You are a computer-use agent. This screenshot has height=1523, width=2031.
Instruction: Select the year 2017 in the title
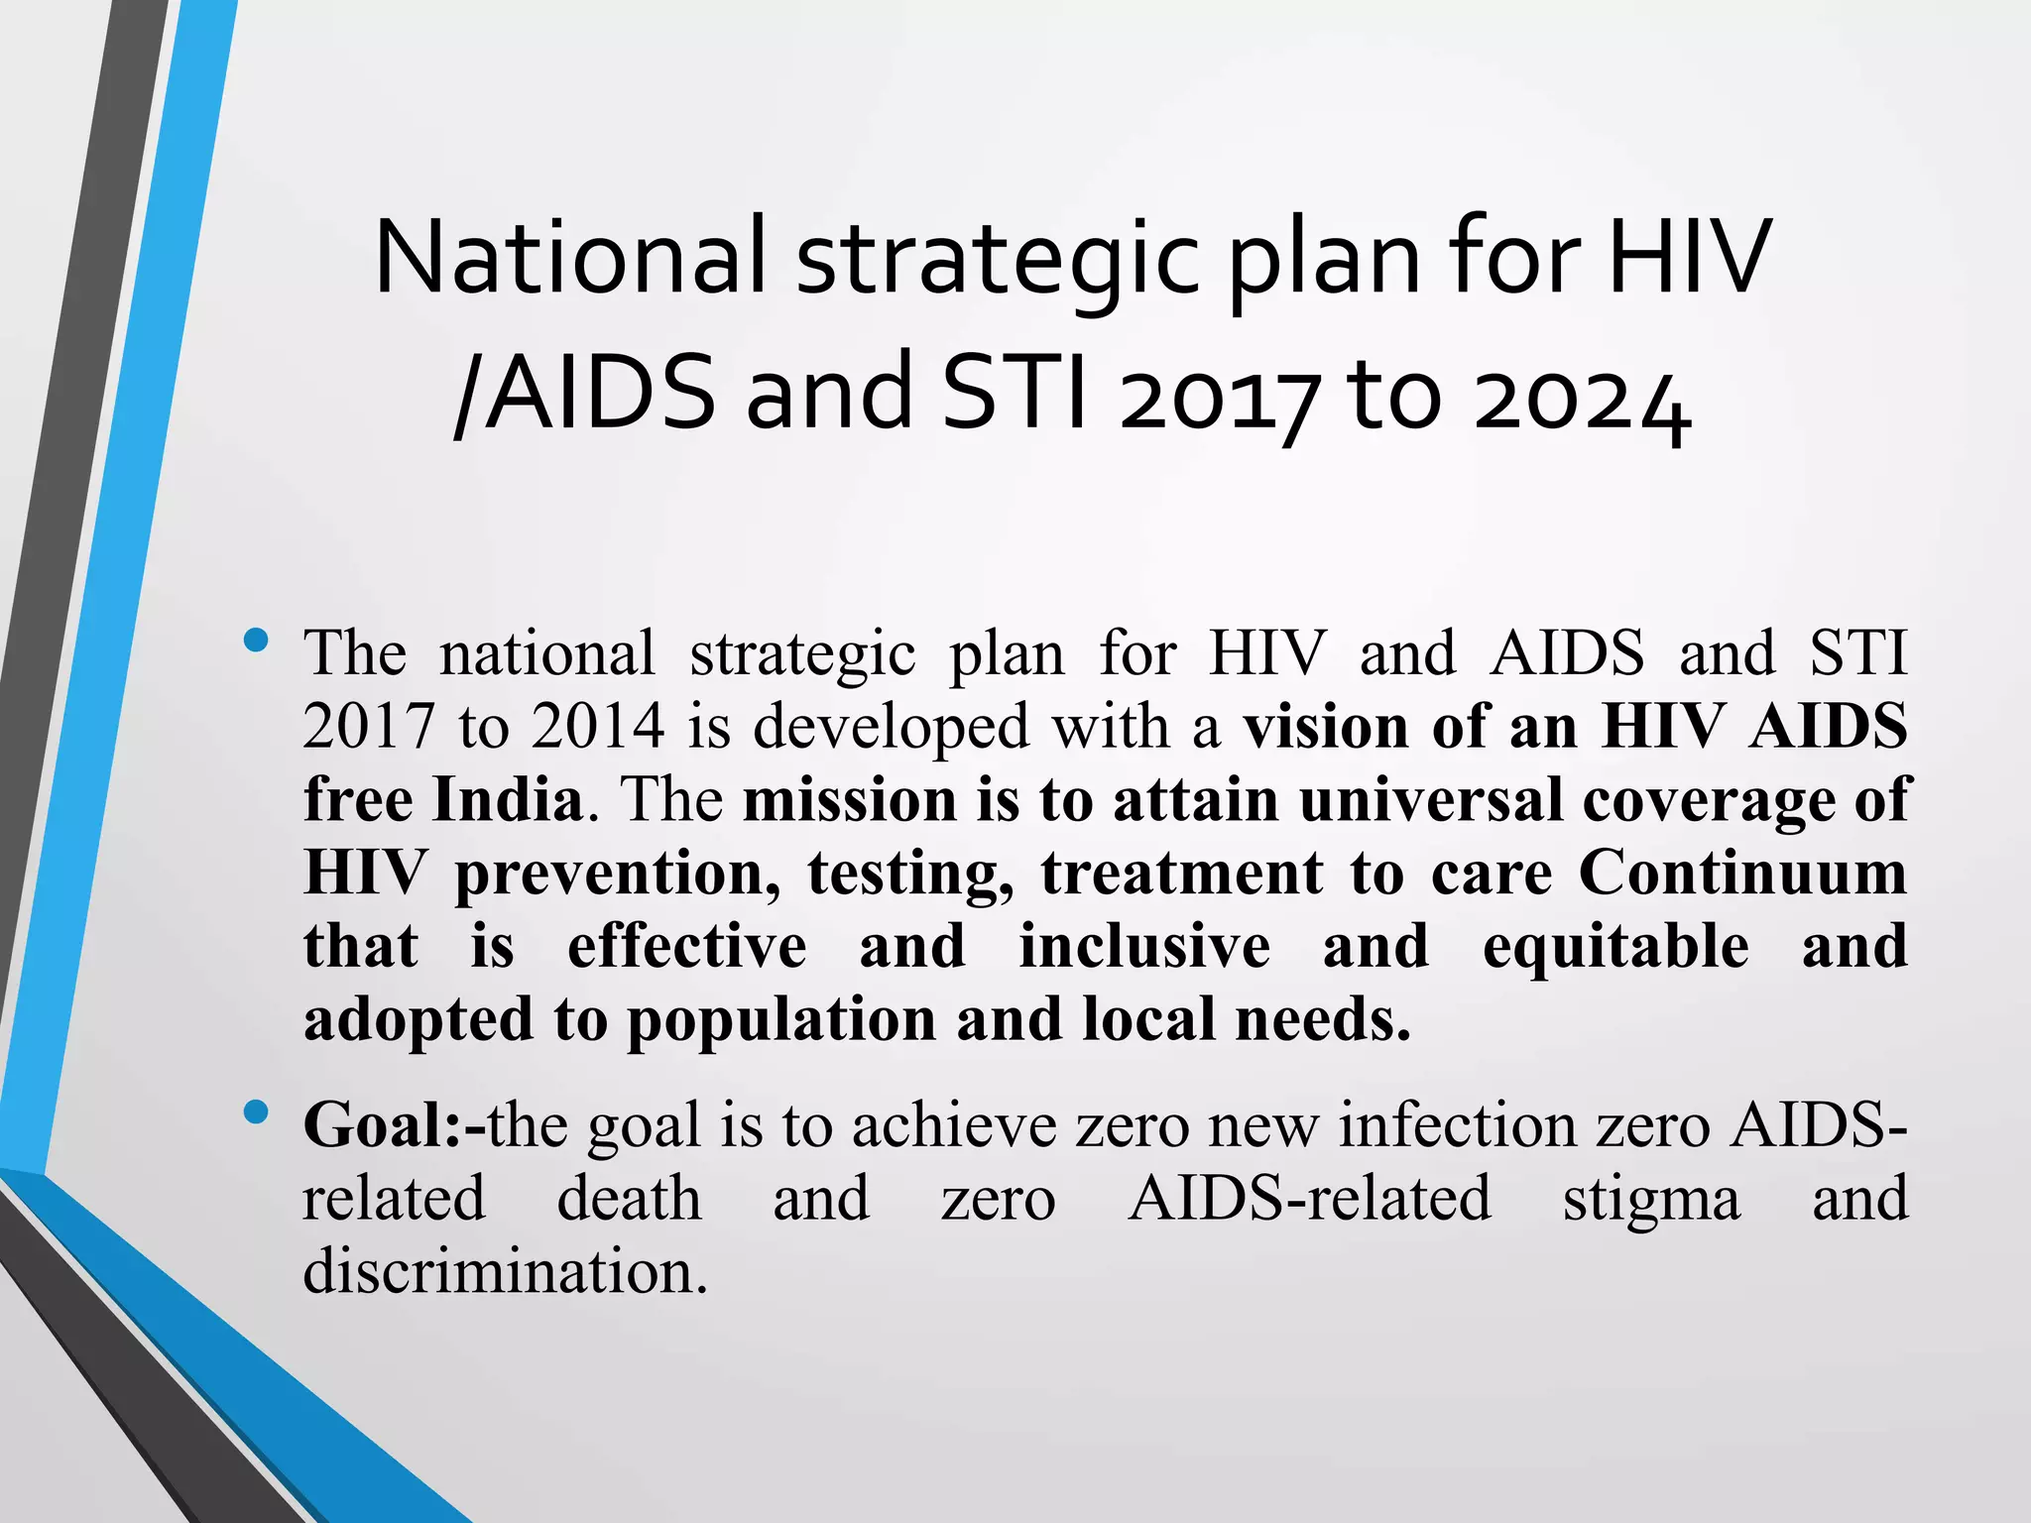1220,397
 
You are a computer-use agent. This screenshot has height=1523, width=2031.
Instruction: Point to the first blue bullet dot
255,641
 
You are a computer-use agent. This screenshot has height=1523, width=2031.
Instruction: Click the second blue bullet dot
255,1113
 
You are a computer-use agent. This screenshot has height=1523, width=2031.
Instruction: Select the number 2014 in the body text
597,726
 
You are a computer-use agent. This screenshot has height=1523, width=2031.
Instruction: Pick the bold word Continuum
1742,873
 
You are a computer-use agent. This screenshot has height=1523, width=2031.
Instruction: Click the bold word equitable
1615,946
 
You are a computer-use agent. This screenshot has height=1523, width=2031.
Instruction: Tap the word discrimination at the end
505,1271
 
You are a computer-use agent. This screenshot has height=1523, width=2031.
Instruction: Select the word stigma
1651,1199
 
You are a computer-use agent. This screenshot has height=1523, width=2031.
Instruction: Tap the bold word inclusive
1144,946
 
